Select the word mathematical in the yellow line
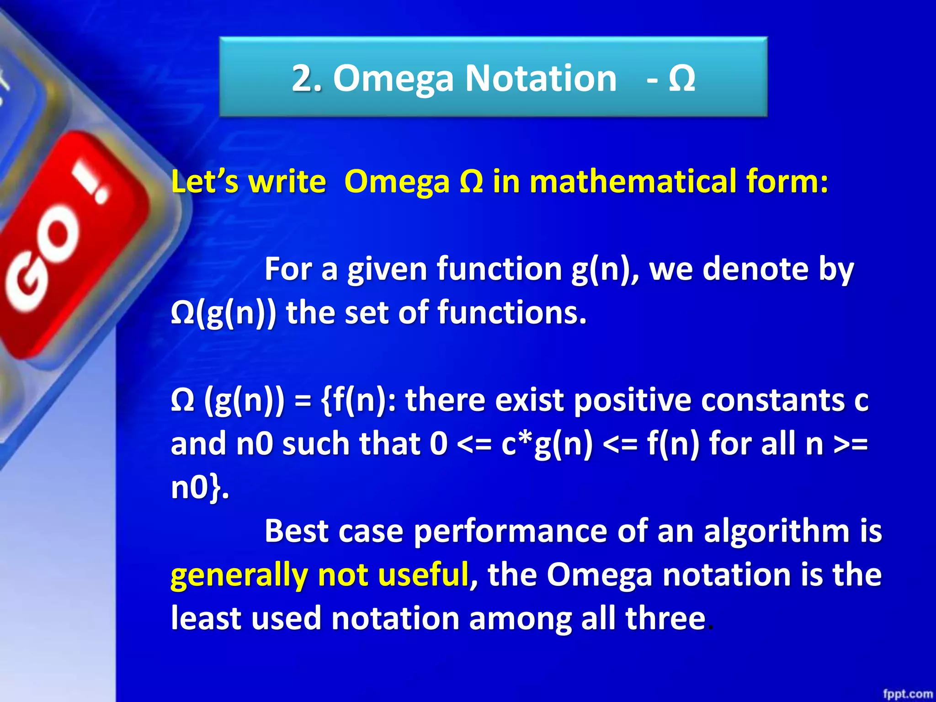pos(633,181)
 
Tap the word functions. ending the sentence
pos(512,313)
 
